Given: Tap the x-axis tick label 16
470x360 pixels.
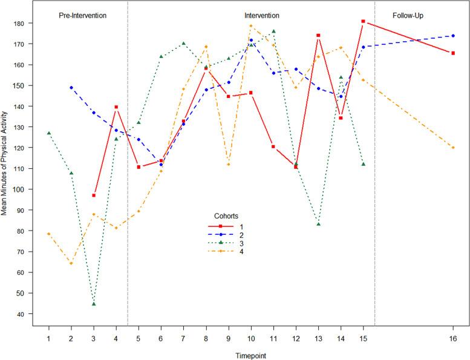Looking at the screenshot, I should (x=452, y=338).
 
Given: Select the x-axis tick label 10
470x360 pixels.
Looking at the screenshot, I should (x=250, y=338).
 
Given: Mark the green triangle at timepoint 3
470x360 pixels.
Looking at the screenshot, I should (x=94, y=304).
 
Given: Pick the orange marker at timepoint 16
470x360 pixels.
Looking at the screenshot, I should (x=452, y=148).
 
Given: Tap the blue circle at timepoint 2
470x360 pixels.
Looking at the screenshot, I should (x=71, y=87).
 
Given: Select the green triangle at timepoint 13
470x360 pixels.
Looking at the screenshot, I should (x=318, y=224).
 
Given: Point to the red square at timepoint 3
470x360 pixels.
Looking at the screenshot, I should (x=94, y=195).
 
